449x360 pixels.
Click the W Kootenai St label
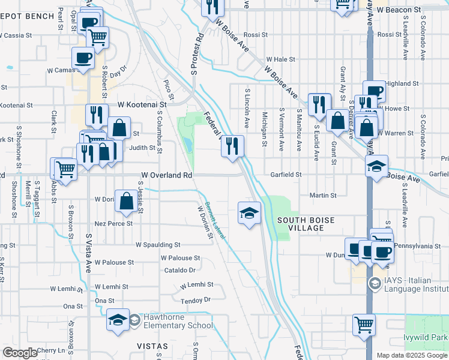click(141, 104)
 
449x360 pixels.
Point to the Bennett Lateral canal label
click(215, 221)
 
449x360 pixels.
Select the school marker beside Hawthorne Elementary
click(118, 321)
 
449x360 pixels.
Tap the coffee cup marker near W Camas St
click(83, 58)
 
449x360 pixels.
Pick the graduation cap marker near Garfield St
click(377, 166)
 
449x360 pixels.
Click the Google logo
click(20, 353)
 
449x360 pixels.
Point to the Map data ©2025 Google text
click(412, 355)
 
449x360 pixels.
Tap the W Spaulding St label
click(158, 245)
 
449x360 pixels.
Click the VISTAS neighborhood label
click(150, 346)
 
